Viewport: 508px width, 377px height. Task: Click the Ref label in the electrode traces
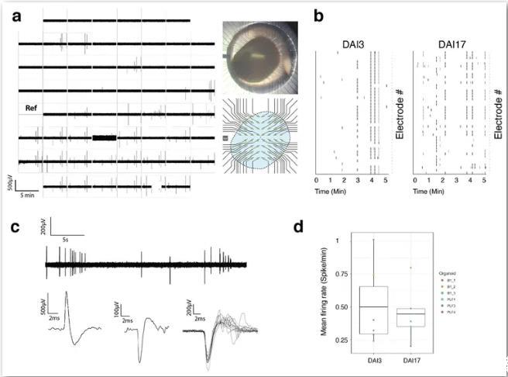pyautogui.click(x=33, y=109)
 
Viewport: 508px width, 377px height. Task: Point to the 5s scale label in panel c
pyautogui.click(x=68, y=239)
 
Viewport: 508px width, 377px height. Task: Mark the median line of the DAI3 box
pyautogui.click(x=373, y=307)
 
